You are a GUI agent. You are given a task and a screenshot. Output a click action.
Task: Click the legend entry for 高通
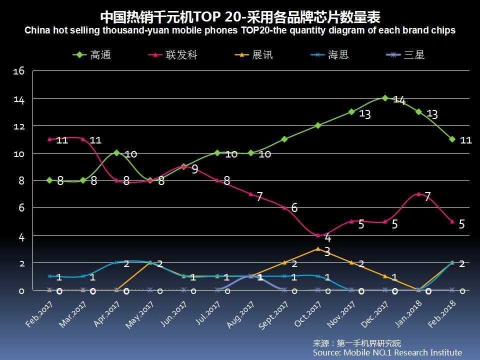92,55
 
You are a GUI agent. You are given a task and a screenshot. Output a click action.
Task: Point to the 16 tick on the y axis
19,71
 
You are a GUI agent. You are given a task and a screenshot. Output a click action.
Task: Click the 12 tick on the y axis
19,126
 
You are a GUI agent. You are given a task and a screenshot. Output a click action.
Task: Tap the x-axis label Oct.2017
307,314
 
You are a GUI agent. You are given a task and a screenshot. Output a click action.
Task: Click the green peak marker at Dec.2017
385,98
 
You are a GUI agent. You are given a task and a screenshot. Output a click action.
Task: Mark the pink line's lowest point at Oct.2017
318,235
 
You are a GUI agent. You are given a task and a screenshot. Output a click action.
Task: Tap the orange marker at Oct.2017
318,248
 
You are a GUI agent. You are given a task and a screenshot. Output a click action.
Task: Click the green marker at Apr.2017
116,153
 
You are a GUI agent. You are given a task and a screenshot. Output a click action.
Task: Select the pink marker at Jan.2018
418,194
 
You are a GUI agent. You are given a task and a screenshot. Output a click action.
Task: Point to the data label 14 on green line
399,100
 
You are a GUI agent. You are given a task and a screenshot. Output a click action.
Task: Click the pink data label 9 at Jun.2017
194,169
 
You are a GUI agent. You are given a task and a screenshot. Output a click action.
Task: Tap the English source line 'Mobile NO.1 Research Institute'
387,352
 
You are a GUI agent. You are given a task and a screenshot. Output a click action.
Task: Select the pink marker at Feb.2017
49,139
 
